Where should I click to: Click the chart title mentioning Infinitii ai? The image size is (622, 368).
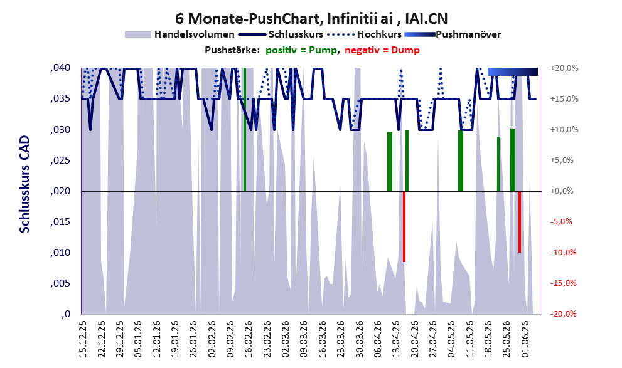tap(311, 18)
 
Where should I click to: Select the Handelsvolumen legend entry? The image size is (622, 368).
tap(180, 34)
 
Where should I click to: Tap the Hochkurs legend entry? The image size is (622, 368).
tap(365, 34)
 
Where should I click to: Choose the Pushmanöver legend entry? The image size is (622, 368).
tap(453, 34)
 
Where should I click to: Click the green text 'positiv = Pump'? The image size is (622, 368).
tap(302, 50)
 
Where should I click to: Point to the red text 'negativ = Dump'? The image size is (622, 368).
tap(382, 50)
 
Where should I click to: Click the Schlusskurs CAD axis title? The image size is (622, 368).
tap(24, 184)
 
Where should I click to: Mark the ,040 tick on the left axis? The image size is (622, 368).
tap(61, 68)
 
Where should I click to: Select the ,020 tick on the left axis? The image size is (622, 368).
tap(61, 191)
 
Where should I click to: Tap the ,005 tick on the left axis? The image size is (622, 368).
tap(61, 283)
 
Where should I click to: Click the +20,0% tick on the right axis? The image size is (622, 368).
tap(564, 68)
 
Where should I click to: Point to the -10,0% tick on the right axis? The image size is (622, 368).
tap(563, 252)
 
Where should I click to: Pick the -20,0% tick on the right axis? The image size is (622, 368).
tap(563, 313)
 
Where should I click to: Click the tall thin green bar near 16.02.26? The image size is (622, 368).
tap(245, 129)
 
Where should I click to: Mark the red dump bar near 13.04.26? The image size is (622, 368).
tap(404, 226)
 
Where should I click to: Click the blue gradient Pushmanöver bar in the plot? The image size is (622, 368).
tap(513, 71)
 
